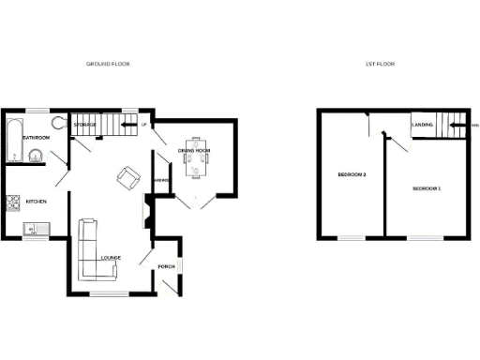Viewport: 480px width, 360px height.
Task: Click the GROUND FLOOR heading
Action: (x=108, y=65)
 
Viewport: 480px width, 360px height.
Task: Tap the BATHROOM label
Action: (x=37, y=138)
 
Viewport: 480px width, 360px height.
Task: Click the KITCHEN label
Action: (x=37, y=202)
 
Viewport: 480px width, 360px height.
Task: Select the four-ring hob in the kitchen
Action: (x=12, y=201)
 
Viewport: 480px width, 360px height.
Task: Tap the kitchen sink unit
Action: (x=36, y=228)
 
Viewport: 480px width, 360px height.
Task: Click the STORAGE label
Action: (x=86, y=125)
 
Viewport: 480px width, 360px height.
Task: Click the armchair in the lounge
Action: (x=127, y=175)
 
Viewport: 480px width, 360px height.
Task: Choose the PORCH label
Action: (x=167, y=266)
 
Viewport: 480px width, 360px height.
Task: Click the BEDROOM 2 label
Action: (x=352, y=176)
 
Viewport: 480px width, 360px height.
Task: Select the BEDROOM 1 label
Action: (x=427, y=189)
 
